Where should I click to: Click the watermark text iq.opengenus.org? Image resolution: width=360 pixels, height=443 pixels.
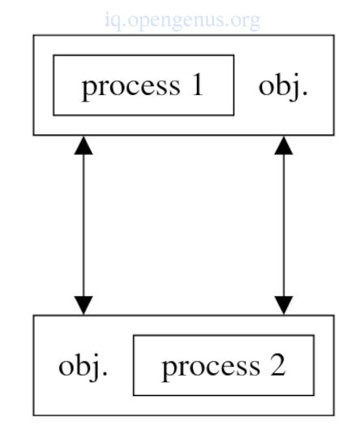coord(182,21)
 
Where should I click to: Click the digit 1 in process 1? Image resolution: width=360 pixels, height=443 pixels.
coord(197,84)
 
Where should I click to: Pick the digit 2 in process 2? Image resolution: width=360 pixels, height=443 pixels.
coord(278,365)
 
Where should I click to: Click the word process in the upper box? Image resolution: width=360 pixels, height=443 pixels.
coord(131,87)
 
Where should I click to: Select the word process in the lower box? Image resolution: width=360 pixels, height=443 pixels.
coord(211,368)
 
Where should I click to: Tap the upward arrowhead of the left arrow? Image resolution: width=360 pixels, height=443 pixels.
coord(84,145)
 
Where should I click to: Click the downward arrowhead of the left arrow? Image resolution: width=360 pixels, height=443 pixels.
coord(84,305)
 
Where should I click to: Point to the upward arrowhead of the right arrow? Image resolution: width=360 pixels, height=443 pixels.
coord(284,145)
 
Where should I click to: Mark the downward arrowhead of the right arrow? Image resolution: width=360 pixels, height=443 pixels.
coord(284,305)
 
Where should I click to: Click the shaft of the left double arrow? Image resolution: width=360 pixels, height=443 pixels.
coord(84,226)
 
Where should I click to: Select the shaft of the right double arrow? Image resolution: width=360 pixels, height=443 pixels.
coord(284,226)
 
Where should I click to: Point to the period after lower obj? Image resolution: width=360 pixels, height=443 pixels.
coord(105,373)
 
